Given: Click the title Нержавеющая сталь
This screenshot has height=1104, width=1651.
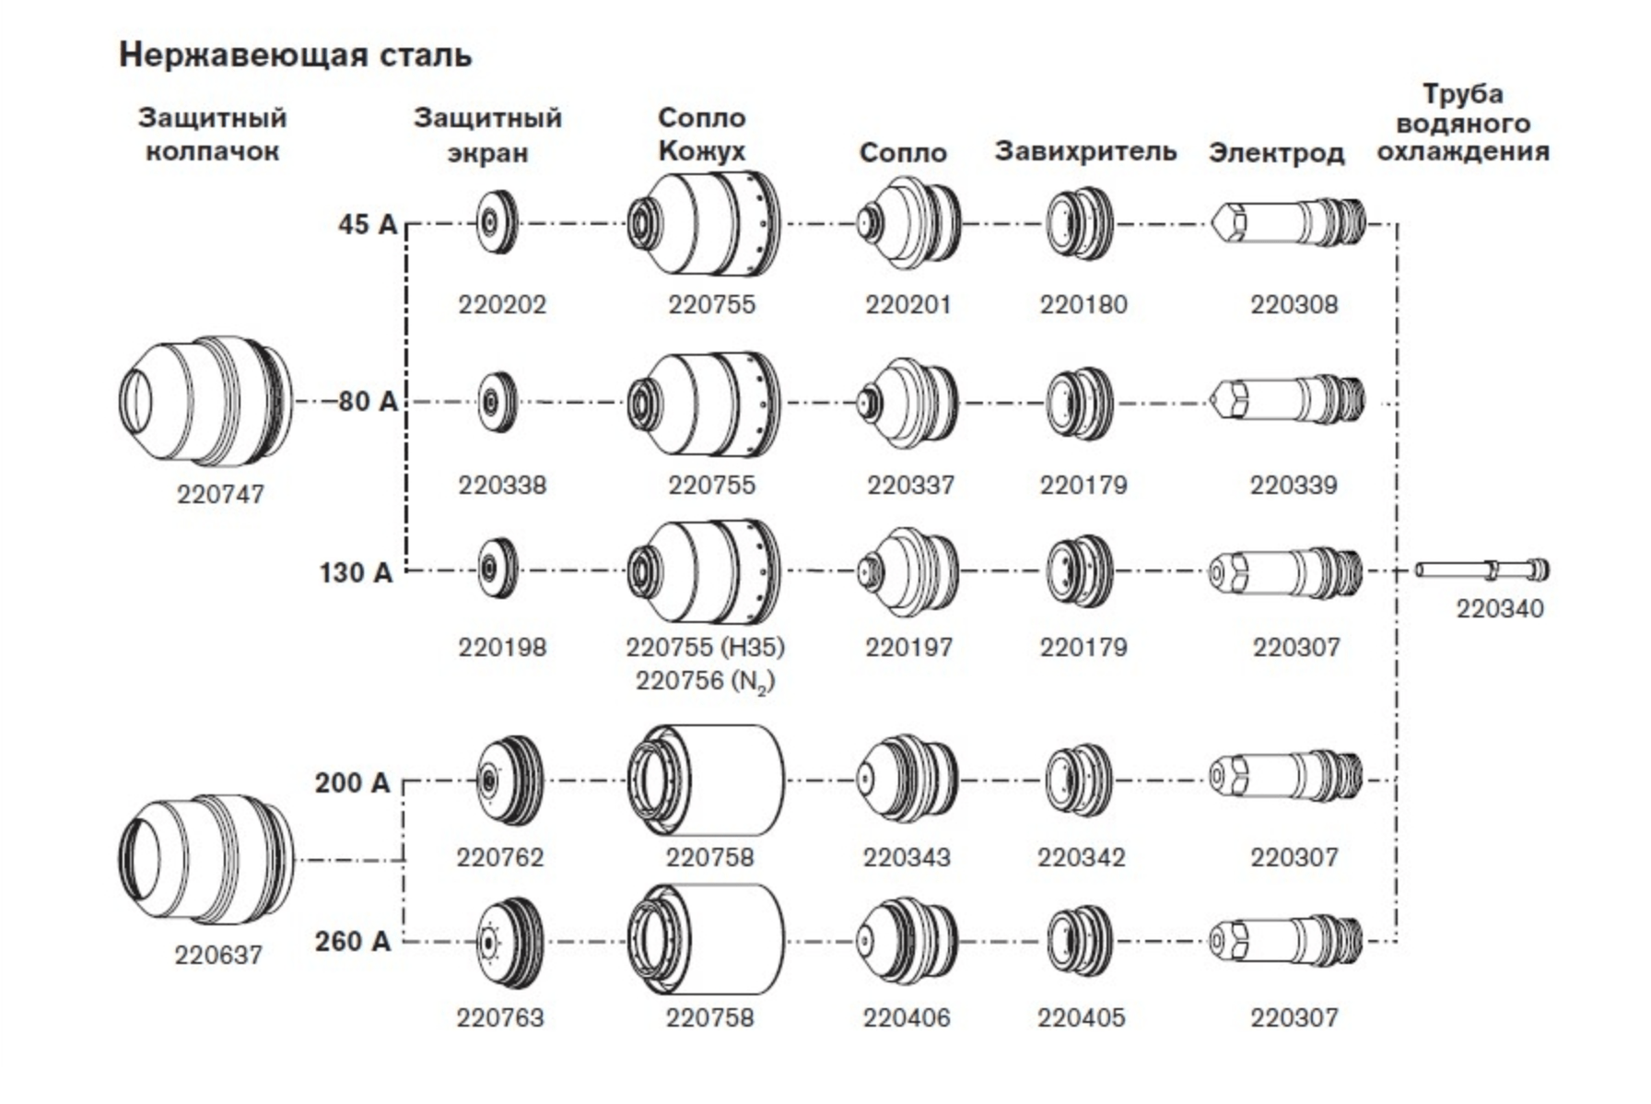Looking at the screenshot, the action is pyautogui.click(x=295, y=56).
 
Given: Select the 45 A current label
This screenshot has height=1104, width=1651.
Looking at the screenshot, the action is pyautogui.click(x=367, y=224).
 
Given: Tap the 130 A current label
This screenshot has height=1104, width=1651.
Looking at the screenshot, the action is pyautogui.click(x=356, y=572).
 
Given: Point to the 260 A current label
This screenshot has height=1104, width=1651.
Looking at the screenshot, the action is pyautogui.click(x=353, y=941).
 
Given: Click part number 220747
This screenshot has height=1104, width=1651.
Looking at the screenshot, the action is pyautogui.click(x=220, y=495).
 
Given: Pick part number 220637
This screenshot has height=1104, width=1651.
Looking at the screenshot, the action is pyautogui.click(x=218, y=955).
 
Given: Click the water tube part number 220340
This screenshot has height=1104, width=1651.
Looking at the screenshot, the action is pyautogui.click(x=1500, y=608).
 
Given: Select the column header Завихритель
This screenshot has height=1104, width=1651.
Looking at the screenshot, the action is pyautogui.click(x=1085, y=151).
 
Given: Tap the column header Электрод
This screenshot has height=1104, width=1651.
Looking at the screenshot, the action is pyautogui.click(x=1276, y=153).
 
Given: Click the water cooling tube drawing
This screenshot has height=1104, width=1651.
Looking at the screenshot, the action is pyautogui.click(x=1482, y=570).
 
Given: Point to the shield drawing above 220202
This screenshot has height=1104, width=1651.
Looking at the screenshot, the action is pyautogui.click(x=498, y=222).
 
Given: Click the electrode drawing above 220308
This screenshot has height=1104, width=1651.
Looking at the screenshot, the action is pyautogui.click(x=1287, y=222).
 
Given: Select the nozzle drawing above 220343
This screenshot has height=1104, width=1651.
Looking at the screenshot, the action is pyautogui.click(x=908, y=780).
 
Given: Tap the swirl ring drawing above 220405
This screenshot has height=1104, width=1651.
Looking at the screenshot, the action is pyautogui.click(x=1081, y=941).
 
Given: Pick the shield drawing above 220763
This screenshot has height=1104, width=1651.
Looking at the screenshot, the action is pyautogui.click(x=509, y=942).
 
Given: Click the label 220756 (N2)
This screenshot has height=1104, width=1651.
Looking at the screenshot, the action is pyautogui.click(x=705, y=682).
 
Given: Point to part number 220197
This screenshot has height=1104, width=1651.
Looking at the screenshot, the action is pyautogui.click(x=908, y=648).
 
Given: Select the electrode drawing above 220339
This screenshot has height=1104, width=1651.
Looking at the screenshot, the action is pyautogui.click(x=1287, y=401).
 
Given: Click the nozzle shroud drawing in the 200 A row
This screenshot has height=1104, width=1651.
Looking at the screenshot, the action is pyautogui.click(x=707, y=780).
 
